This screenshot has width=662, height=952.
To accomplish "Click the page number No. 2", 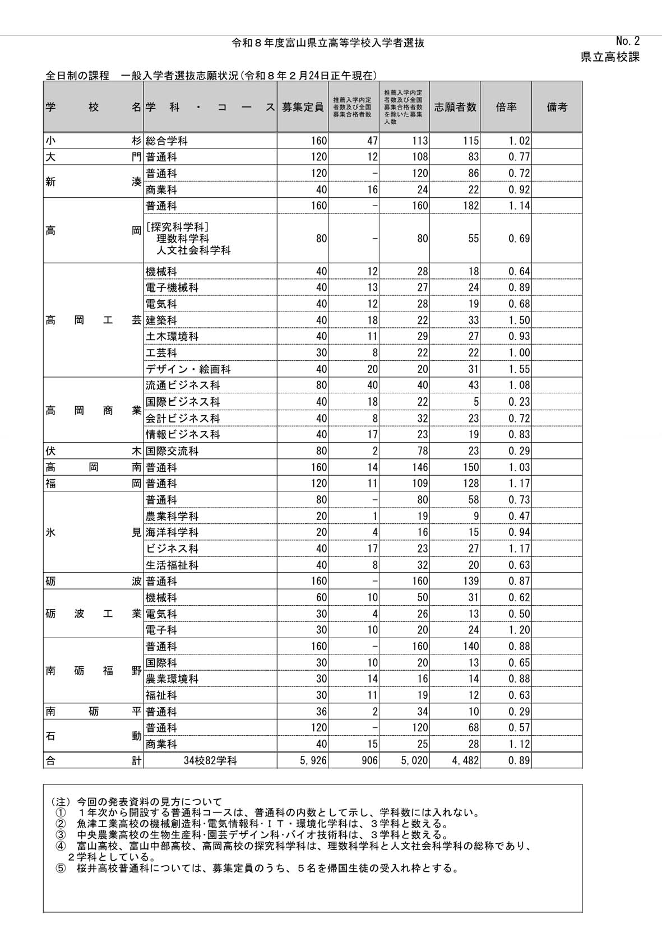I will (627, 41).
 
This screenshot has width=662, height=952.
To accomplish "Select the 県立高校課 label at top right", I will (610, 57).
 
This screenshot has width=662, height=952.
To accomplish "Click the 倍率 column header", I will (506, 107).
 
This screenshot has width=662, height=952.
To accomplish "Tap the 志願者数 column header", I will (455, 107).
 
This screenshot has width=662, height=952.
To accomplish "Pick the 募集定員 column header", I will (303, 107).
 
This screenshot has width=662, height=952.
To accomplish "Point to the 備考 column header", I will (557, 107).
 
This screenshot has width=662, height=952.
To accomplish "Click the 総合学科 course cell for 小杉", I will (166, 141).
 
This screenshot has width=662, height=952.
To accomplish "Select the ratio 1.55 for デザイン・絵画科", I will (519, 369).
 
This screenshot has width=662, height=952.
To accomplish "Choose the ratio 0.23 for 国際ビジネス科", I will (519, 402).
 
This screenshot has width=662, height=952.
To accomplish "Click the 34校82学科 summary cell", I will (210, 760).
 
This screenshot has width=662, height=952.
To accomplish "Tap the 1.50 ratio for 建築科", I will (519, 321).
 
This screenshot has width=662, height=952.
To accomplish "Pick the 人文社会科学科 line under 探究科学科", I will (193, 250).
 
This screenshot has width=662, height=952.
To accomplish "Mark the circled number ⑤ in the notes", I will (61, 869).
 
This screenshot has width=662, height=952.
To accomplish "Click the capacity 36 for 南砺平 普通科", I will (321, 712).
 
